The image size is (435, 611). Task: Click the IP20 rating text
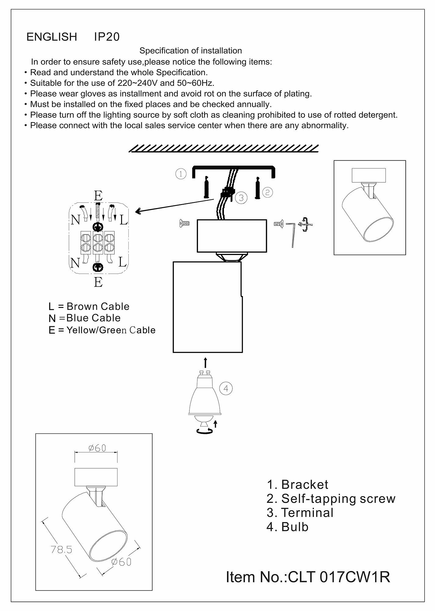click(x=107, y=37)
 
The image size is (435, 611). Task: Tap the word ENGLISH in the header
click(x=52, y=37)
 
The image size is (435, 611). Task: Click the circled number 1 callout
click(x=181, y=174)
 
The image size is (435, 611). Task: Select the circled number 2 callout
click(x=268, y=192)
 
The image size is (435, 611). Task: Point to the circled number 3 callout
click(x=241, y=198)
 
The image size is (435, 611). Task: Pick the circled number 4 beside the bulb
click(x=226, y=388)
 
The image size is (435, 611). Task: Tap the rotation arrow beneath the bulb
click(x=205, y=431)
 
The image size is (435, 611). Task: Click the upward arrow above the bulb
click(x=205, y=363)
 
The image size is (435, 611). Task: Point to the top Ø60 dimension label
click(x=97, y=448)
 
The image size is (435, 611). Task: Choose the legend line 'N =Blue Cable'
click(x=84, y=318)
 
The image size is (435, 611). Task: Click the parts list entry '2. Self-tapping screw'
click(x=331, y=499)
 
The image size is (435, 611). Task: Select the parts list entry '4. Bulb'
click(x=287, y=527)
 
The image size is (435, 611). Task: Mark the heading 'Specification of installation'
click(x=191, y=51)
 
